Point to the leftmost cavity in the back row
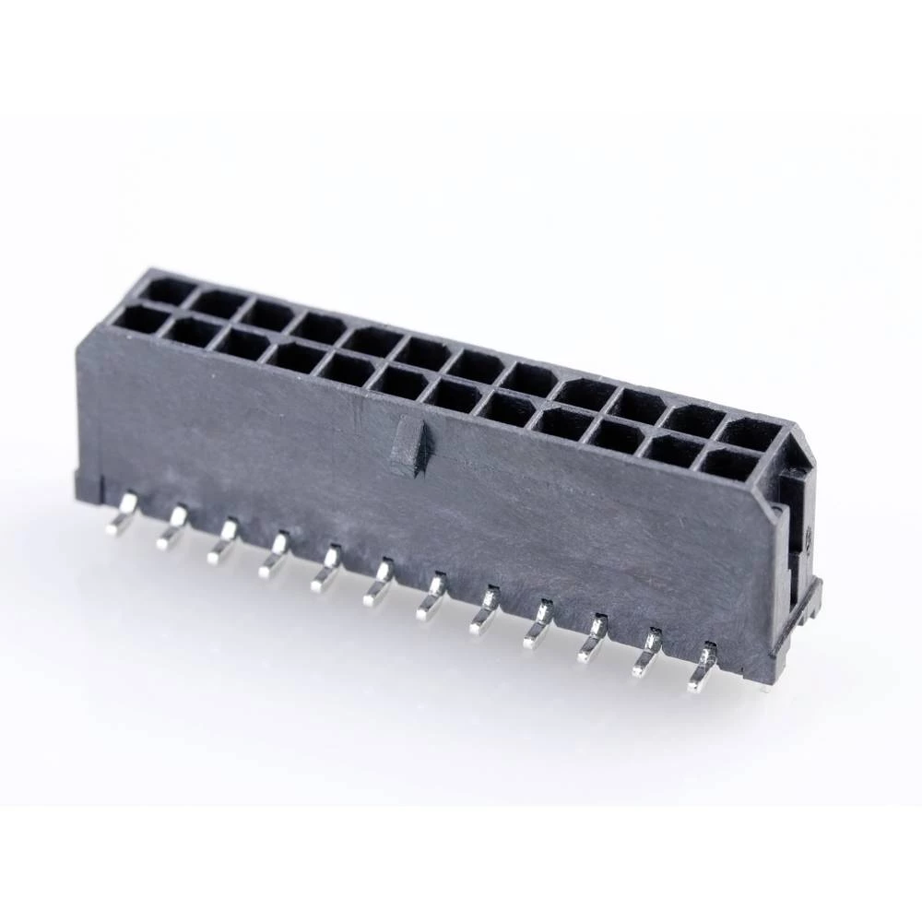(x=167, y=291)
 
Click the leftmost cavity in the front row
(x=138, y=320)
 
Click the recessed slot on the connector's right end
(x=795, y=526)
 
